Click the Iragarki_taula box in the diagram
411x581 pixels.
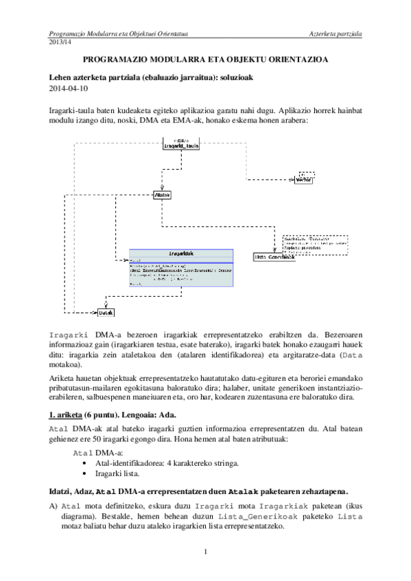(x=181, y=145)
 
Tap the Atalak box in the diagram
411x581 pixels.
(x=163, y=195)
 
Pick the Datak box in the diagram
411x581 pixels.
(x=105, y=312)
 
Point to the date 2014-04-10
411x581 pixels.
(x=69, y=88)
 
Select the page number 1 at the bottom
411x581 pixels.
(x=205, y=551)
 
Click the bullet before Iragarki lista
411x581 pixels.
(x=83, y=473)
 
